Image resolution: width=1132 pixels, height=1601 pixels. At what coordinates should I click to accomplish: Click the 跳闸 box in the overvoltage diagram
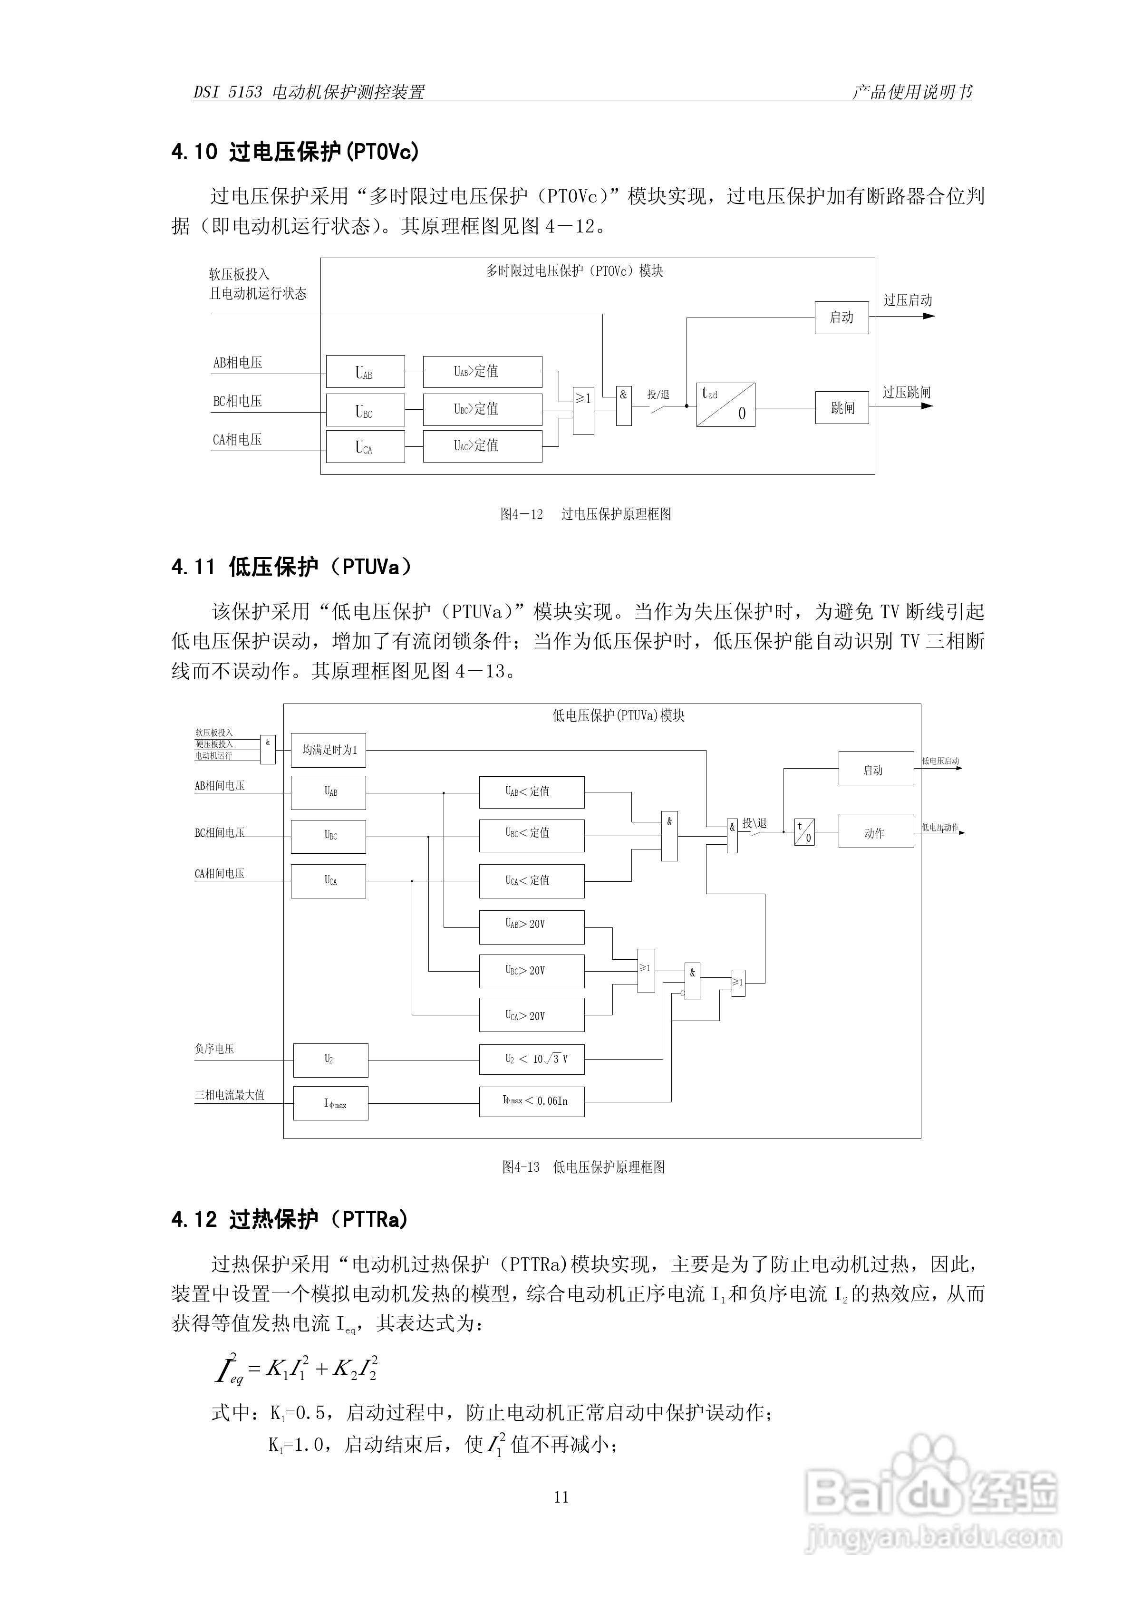tap(842, 408)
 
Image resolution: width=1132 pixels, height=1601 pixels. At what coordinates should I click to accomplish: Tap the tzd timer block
tap(726, 405)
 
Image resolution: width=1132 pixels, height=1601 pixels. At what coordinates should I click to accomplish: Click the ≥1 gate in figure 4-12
tap(583, 411)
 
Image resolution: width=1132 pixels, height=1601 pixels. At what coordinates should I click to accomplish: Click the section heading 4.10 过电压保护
tap(295, 151)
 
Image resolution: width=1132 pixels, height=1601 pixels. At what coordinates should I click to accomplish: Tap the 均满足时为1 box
tap(329, 750)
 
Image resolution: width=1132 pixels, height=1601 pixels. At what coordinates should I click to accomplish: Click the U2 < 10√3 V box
tap(532, 1059)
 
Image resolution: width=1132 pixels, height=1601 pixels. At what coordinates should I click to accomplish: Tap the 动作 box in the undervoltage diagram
tap(875, 831)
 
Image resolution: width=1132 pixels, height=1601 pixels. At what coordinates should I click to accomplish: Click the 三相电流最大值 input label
tap(230, 1095)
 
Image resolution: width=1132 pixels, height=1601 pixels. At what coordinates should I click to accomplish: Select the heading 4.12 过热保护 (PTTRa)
tap(290, 1220)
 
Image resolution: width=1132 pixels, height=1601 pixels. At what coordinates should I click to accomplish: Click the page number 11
tap(561, 1497)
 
